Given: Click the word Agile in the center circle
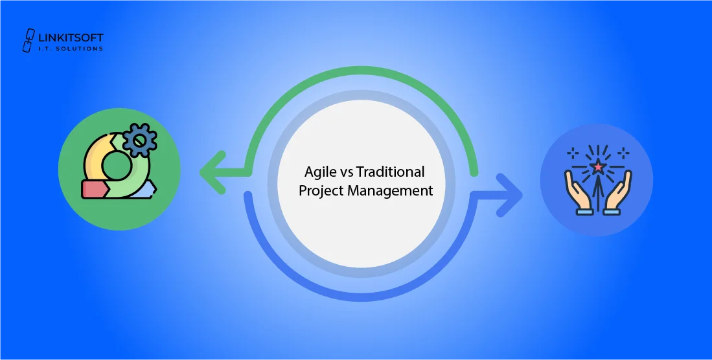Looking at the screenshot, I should [x=319, y=172].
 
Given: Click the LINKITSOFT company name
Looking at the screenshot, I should [x=72, y=38].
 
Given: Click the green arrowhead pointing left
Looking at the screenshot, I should [x=210, y=173].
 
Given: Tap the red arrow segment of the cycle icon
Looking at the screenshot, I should [x=94, y=189].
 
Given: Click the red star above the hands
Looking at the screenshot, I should [x=597, y=167].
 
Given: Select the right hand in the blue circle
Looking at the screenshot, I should [x=619, y=192].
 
